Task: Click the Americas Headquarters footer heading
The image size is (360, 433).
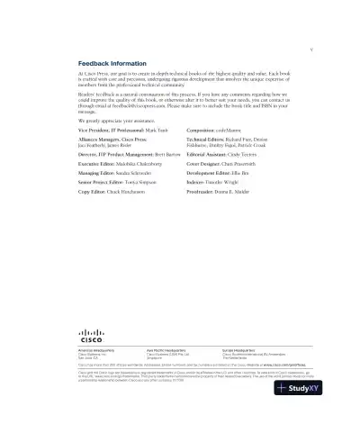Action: (x=100, y=351)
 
